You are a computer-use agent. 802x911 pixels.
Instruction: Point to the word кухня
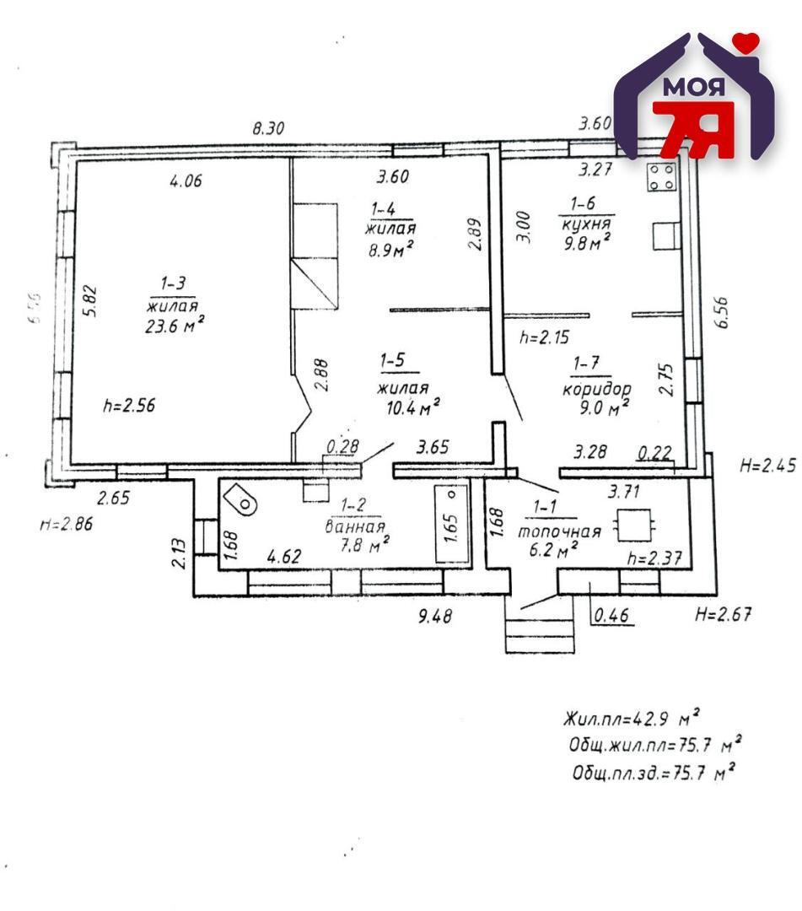pyautogui.click(x=586, y=224)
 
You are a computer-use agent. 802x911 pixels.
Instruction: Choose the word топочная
pyautogui.click(x=559, y=531)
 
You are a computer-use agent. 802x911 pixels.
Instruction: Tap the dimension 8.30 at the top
pyautogui.click(x=269, y=128)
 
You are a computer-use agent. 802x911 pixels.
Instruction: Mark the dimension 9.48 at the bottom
pyautogui.click(x=435, y=616)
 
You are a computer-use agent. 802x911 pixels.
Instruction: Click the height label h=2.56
pyautogui.click(x=129, y=405)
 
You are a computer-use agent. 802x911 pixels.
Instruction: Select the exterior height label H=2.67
pyautogui.click(x=722, y=614)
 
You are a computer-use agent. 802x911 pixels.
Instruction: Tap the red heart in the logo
pyautogui.click(x=745, y=42)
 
